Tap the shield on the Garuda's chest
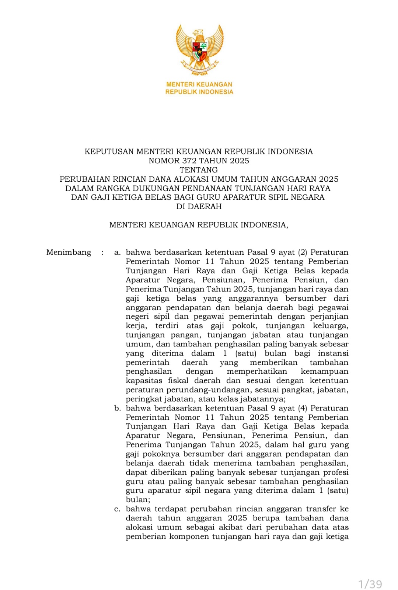[200, 51]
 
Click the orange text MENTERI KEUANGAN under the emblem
[199, 84]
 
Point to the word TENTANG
[199, 170]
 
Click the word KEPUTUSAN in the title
[109, 151]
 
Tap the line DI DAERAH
[199, 206]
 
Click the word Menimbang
[69, 252]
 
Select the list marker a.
[117, 252]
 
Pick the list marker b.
[117, 408]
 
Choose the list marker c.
[117, 509]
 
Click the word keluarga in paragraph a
[330, 326]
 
